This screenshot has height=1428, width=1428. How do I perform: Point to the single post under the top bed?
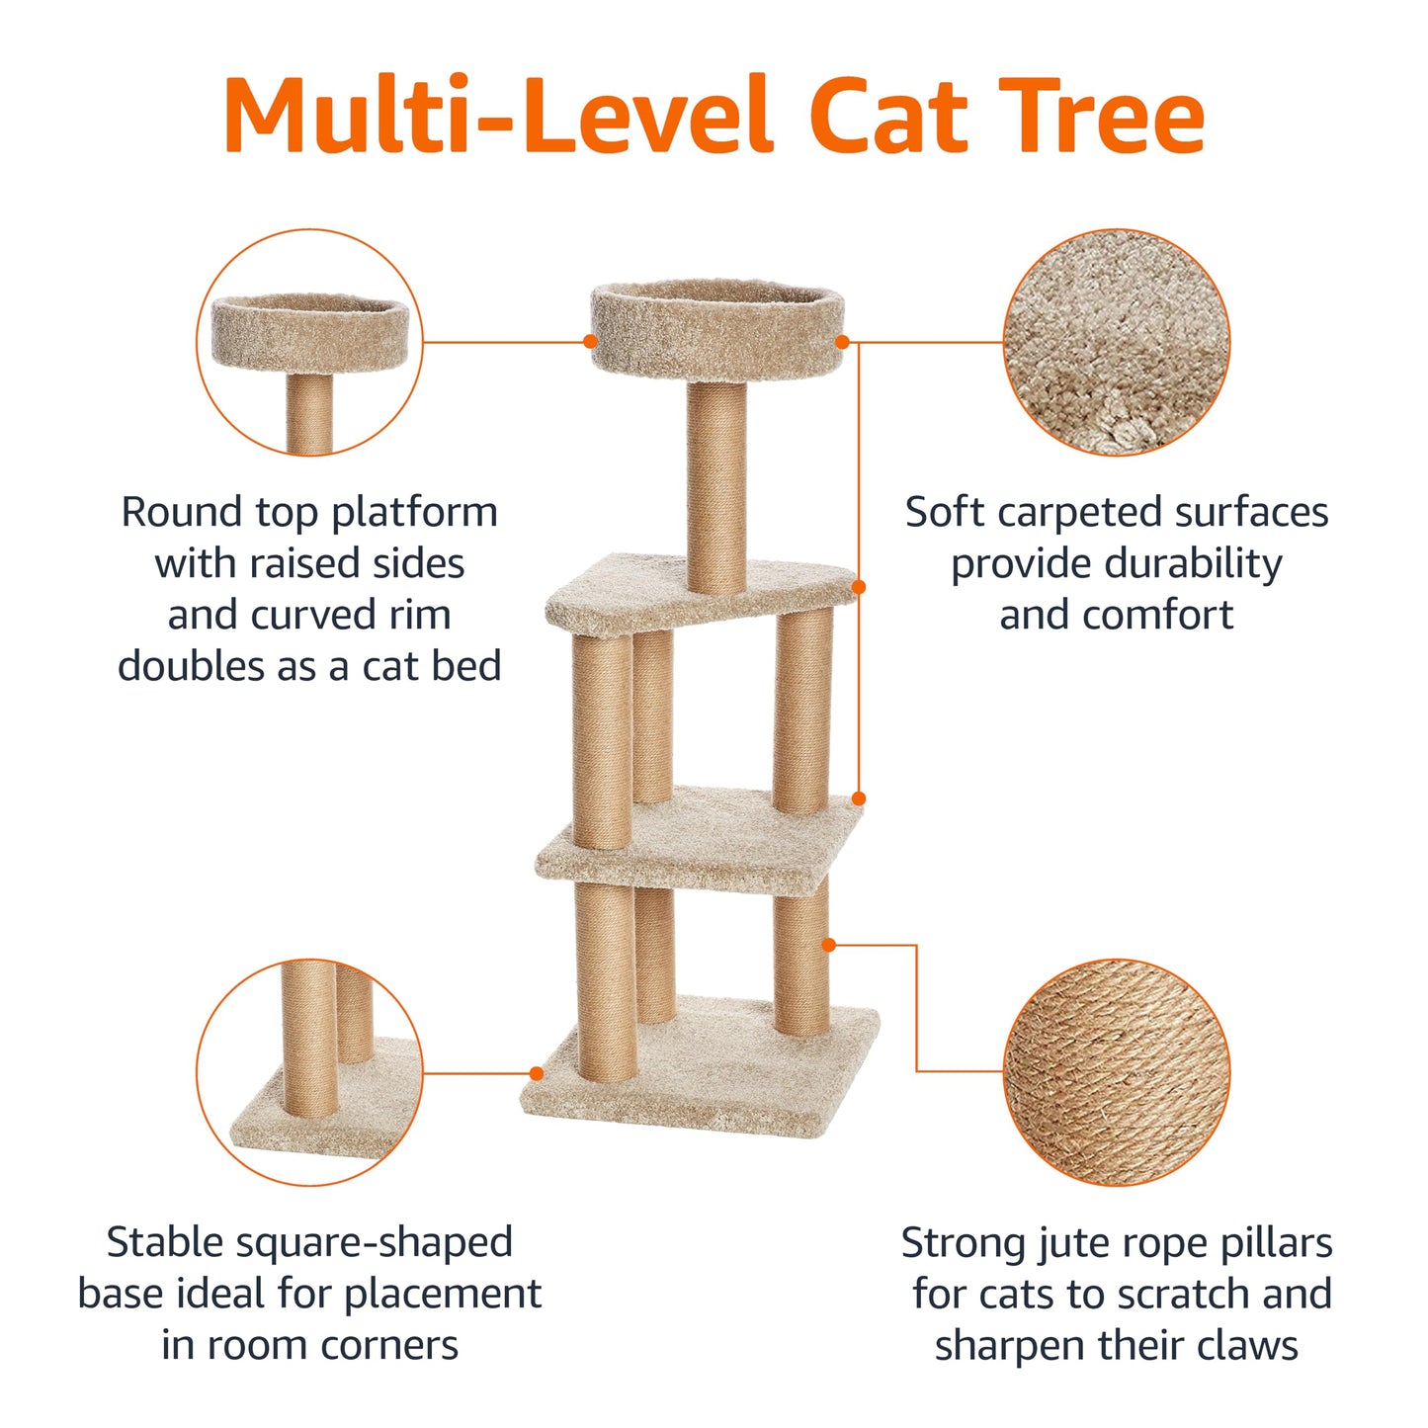(716, 484)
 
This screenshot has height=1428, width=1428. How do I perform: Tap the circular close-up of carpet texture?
(1117, 342)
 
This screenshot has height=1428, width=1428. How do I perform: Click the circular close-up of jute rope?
(1117, 1071)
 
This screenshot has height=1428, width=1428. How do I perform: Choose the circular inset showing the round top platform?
(309, 342)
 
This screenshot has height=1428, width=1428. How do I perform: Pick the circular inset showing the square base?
(309, 1071)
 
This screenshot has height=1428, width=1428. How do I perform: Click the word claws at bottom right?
(1246, 1346)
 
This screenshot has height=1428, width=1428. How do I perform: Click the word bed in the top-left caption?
(466, 666)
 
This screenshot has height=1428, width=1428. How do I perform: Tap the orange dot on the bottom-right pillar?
(829, 945)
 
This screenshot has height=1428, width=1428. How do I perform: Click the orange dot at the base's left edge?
(537, 1073)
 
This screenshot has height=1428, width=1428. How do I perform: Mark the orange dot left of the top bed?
(590, 341)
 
